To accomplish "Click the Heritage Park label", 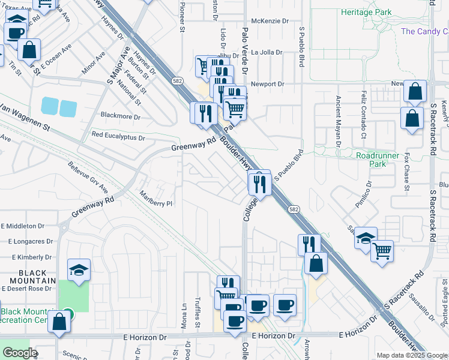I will (366, 12).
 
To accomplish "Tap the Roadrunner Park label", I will (378, 159).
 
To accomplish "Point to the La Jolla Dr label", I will (267, 52).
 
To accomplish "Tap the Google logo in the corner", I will (20, 353).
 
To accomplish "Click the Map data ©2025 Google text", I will (412, 355).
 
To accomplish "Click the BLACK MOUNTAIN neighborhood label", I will (28, 276).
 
